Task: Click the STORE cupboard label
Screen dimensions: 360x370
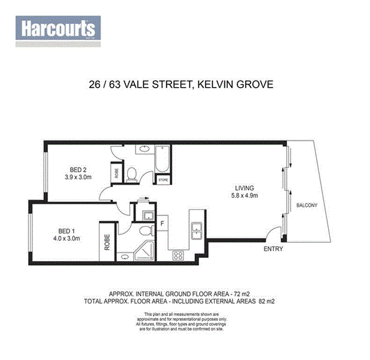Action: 163,179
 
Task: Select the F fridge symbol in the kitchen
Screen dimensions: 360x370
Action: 162,223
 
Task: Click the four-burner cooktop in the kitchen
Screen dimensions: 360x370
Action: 179,255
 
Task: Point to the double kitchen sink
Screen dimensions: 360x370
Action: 195,230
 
